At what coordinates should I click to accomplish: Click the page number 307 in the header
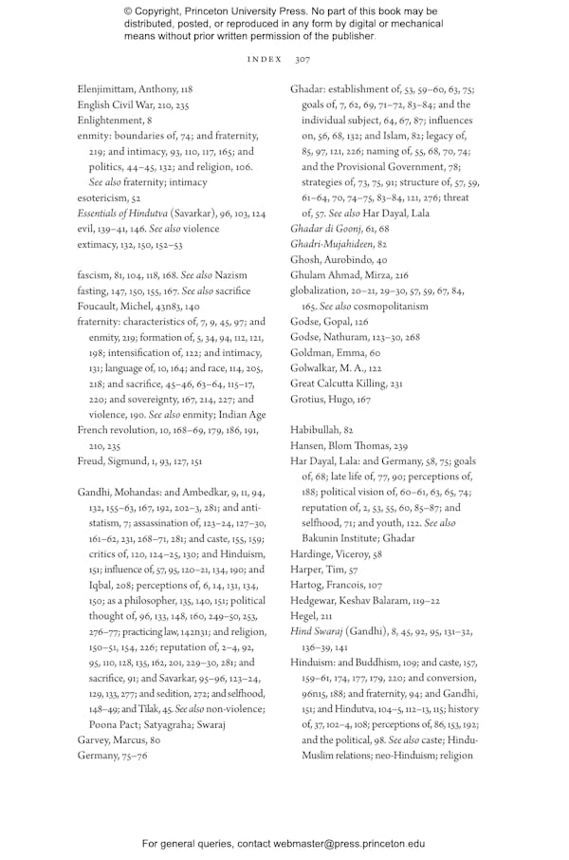click(303, 59)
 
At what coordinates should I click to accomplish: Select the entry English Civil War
click(119, 104)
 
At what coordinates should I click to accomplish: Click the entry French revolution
click(119, 429)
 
